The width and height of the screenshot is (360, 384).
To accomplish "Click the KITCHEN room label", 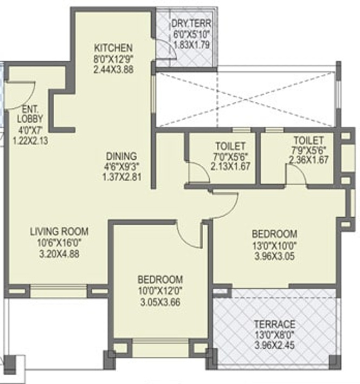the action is (113, 48).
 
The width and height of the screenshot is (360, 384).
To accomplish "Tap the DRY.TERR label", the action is (191, 23).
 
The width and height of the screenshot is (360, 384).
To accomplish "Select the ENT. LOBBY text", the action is (30, 114).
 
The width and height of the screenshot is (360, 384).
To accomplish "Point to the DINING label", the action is (121, 156).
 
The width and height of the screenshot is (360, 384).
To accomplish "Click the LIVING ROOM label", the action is (59, 231).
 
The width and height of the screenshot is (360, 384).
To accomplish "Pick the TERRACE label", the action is (274, 324).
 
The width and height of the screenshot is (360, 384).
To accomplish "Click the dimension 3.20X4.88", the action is (59, 254).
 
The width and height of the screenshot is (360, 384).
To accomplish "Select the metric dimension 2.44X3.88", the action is (113, 69).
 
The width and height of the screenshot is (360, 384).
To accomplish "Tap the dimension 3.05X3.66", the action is (160, 302).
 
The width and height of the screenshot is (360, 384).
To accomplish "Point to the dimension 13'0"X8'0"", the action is (274, 335).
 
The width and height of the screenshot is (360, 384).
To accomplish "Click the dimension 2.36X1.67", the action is (308, 160).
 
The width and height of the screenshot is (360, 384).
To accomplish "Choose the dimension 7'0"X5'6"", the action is (230, 156).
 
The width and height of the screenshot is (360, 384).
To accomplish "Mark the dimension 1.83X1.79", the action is (191, 45).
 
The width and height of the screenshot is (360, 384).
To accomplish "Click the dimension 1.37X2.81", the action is (122, 177).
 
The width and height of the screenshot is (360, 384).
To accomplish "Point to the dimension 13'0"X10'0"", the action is (274, 245).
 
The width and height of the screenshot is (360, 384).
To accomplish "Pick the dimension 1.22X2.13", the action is (30, 141).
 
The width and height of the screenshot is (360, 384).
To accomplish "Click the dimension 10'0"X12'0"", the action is (160, 291).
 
